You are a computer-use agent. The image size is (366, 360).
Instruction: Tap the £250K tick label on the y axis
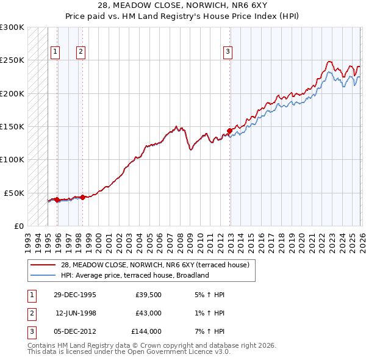point(12,60)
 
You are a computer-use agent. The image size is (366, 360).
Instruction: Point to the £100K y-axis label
point(12,159)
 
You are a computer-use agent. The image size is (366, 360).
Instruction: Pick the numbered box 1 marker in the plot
point(56,52)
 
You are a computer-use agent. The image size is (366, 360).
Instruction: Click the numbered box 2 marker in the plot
point(81,52)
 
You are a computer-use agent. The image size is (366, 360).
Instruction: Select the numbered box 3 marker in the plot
point(228,52)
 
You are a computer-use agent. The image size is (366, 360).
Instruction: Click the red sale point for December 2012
point(229,131)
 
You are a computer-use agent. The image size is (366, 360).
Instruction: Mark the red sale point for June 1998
point(82,197)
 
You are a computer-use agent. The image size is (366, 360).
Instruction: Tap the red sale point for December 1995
point(57,200)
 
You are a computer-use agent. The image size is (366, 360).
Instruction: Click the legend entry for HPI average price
point(134,275)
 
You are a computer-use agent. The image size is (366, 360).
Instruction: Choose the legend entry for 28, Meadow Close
point(155,265)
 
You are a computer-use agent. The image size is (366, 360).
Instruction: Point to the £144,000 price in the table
point(146,331)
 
